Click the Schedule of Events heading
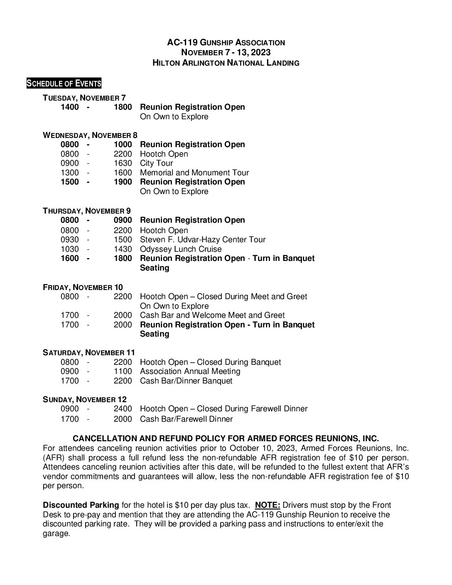tap(64, 84)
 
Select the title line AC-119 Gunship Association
tap(226, 42)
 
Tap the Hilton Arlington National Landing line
tap(226, 63)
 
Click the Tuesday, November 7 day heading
tap(84, 98)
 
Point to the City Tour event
tap(156, 163)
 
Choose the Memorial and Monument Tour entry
tap(194, 172)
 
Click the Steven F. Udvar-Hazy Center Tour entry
tap(202, 240)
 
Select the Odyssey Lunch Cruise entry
tap(181, 249)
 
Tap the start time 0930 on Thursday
tap(69, 240)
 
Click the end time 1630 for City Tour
tap(123, 163)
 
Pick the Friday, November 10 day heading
tap(83, 287)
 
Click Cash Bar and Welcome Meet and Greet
tap(212, 315)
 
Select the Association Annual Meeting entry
tap(190, 371)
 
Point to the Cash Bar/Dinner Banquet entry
tap(186, 381)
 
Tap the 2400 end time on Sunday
tap(123, 409)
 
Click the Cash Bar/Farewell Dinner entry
tap(186, 419)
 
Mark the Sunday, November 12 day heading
tap(84, 400)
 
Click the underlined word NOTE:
tap(268, 505)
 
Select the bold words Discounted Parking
tap(81, 505)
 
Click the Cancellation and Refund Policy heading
tap(226, 439)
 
